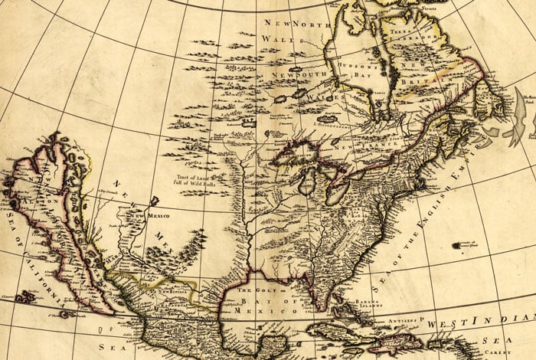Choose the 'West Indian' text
[x=482, y=318]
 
